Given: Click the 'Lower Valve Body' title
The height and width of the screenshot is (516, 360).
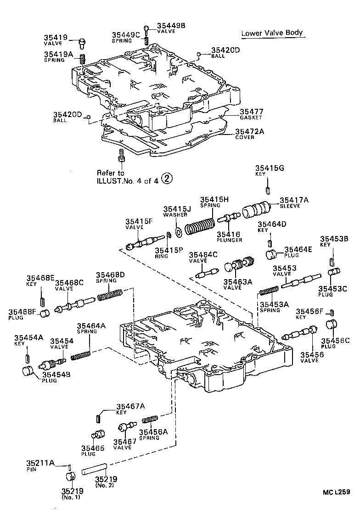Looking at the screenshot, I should pos(272,33).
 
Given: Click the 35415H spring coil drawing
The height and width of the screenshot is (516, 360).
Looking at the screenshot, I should pos(200,226).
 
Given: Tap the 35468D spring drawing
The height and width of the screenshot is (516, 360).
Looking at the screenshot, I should pos(109,294).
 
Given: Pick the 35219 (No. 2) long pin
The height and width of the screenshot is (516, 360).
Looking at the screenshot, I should pos(95,470).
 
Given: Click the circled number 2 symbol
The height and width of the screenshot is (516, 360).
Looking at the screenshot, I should pos(168,179).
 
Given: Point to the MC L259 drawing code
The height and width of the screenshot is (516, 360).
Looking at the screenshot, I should pos(336,493).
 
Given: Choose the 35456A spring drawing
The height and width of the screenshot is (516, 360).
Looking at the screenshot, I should pos(150,419).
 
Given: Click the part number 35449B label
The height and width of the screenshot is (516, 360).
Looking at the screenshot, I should pos(171,26).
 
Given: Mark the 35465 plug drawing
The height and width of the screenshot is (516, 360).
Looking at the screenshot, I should pos(98,435).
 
